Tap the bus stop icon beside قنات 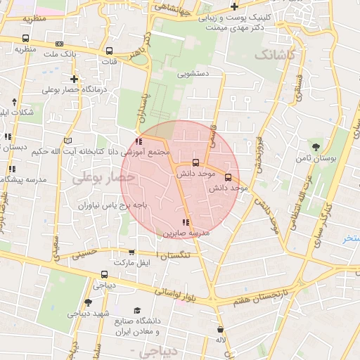(x=109, y=51)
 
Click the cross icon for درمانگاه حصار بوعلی (x=74, y=79)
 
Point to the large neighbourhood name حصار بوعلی (x=103, y=179)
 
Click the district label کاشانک (x=276, y=53)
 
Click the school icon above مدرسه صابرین (x=186, y=223)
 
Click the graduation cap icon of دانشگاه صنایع (x=137, y=310)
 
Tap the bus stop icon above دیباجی (x=105, y=275)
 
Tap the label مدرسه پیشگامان (x=24, y=180)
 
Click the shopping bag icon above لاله (x=221, y=329)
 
